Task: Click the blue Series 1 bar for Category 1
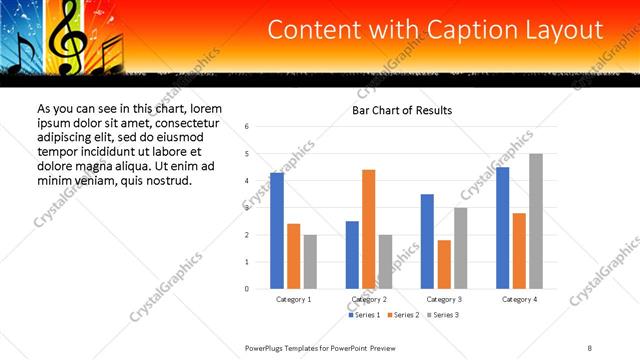(277, 231)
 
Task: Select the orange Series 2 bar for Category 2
(368, 229)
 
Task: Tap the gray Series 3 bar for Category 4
(535, 221)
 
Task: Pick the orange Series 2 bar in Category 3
(443, 264)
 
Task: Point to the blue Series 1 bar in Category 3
(427, 241)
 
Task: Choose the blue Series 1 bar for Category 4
(502, 228)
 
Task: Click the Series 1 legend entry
(363, 315)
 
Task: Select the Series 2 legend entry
(402, 315)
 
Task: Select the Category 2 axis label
(368, 299)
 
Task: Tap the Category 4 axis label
(519, 299)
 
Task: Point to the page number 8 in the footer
(590, 347)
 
